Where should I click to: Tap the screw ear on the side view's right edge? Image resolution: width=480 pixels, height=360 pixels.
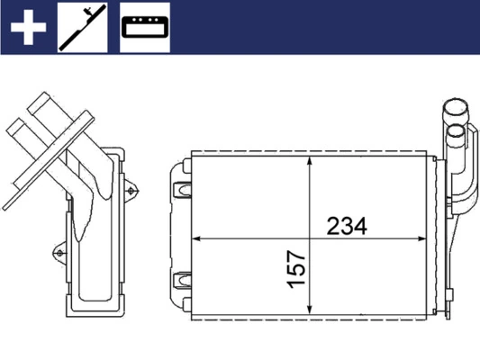point(133,191)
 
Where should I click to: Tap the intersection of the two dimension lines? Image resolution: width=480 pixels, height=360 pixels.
point(309,238)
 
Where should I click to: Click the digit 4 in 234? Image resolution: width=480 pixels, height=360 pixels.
point(362,227)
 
